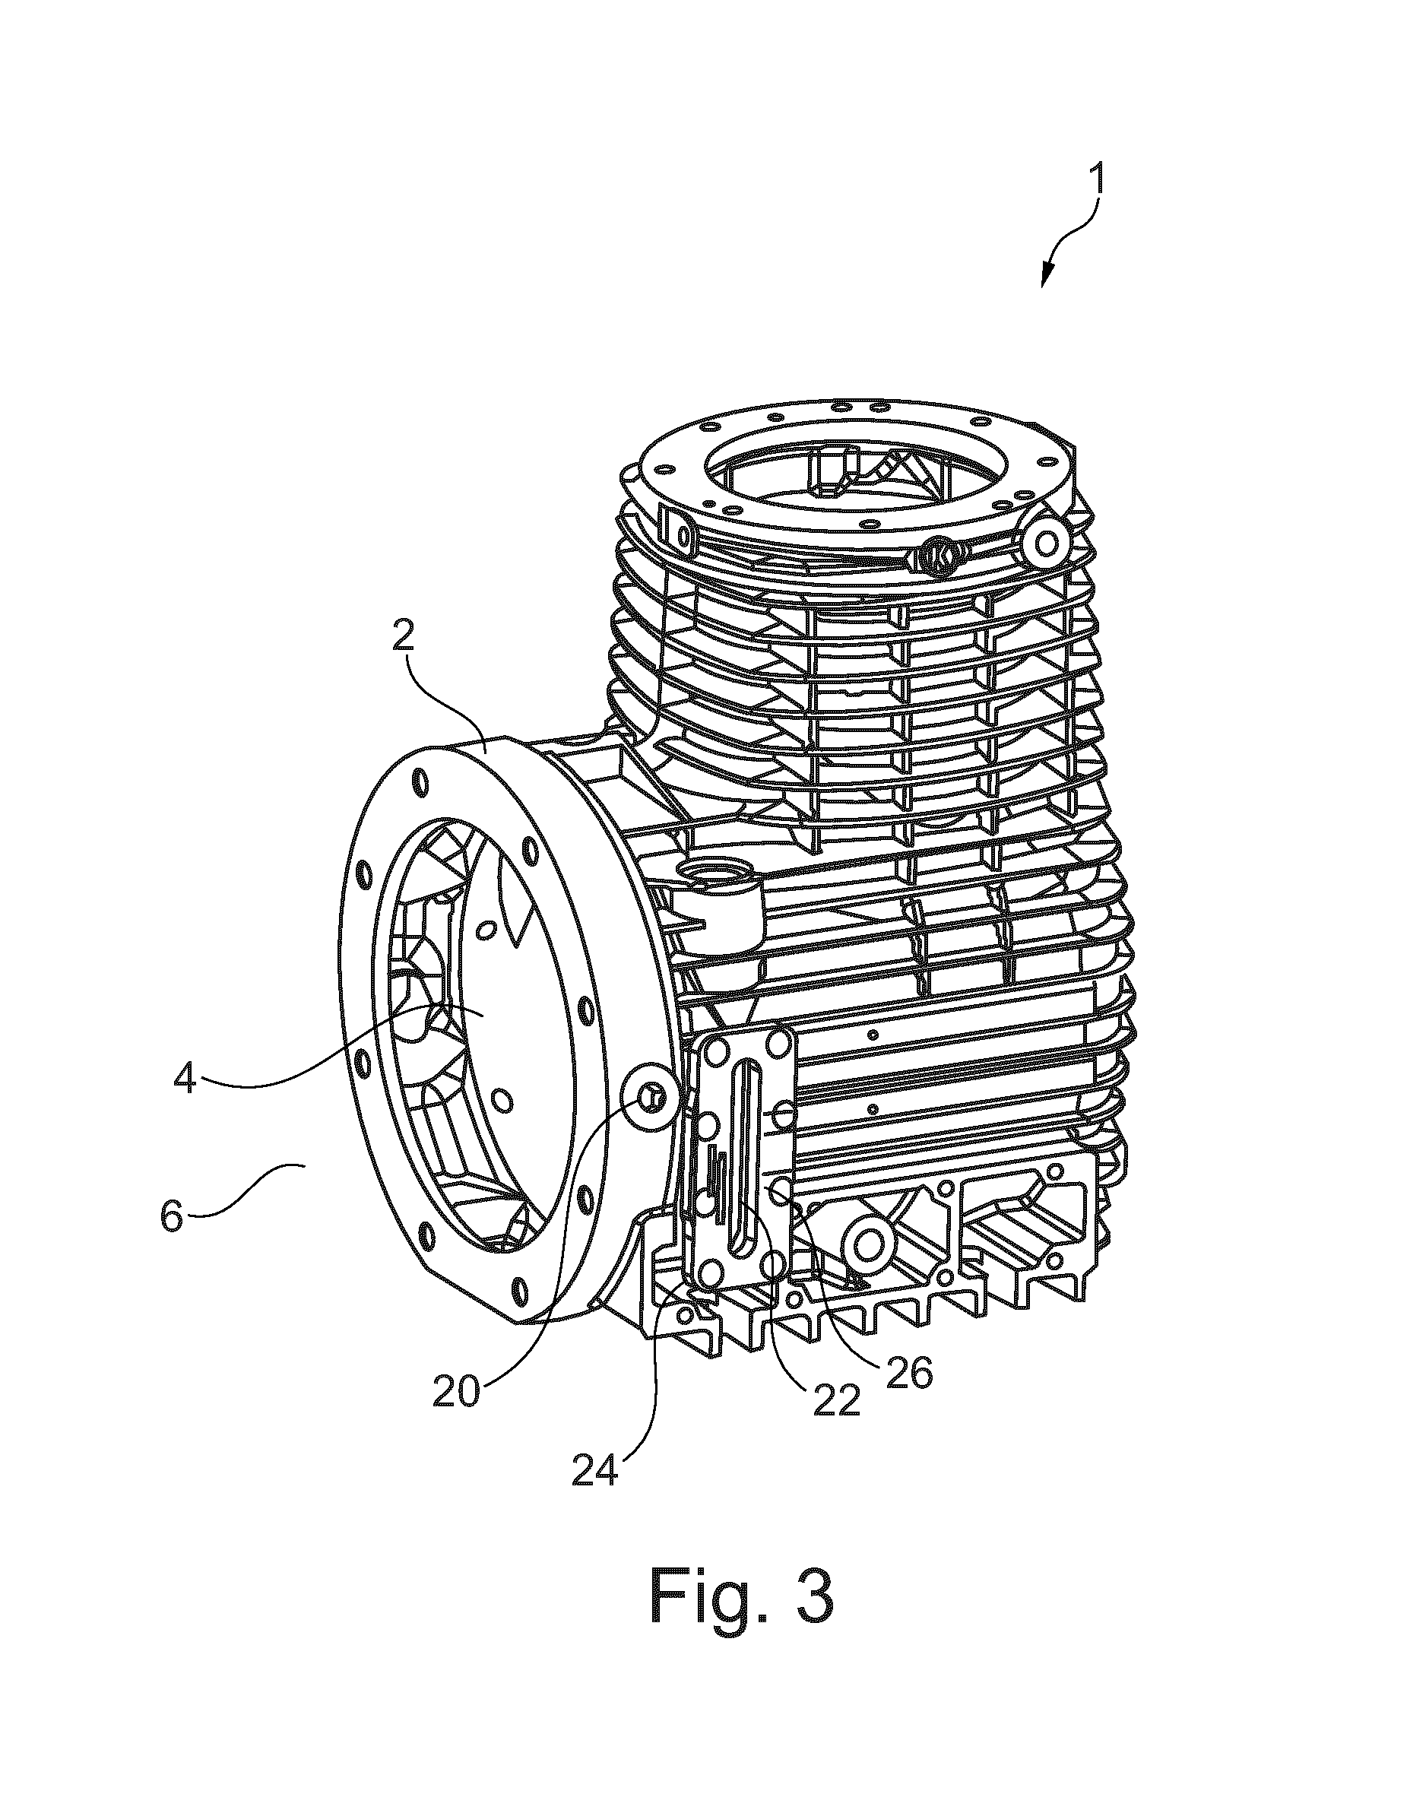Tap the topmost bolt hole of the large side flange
[422, 781]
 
